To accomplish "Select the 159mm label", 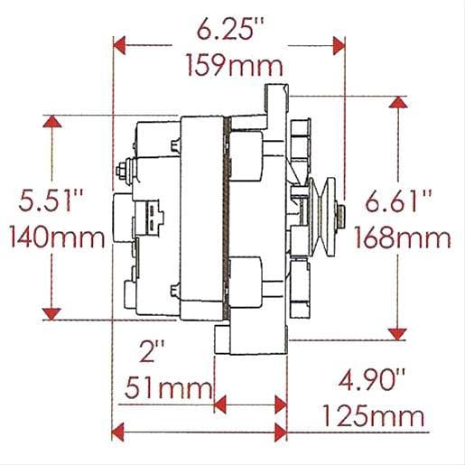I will coord(232,66).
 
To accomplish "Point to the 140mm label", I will coord(52,237).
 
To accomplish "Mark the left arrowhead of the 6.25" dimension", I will coord(121,42).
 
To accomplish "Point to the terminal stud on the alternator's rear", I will coord(122,169).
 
